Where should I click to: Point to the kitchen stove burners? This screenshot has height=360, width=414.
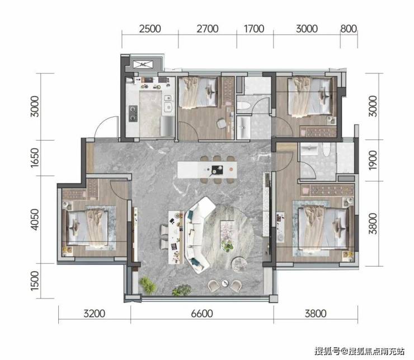point(133,114)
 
